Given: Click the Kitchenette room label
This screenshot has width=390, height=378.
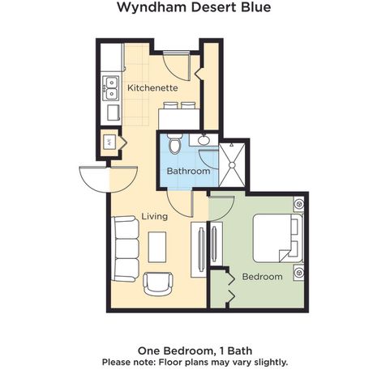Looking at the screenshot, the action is click(152, 87).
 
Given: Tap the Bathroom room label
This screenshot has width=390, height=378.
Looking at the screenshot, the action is click(188, 171).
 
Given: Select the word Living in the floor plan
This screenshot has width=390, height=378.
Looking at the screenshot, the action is click(155, 216).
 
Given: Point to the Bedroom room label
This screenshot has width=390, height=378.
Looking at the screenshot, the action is click(262, 277).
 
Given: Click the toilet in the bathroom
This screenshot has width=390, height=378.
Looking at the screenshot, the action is click(174, 144).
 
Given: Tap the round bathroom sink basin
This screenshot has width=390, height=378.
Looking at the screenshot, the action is click(203, 140).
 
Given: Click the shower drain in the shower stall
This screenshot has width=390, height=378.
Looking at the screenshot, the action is click(232, 165).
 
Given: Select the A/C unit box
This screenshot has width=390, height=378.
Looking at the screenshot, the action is click(110, 142).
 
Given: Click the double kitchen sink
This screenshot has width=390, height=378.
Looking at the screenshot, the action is click(110, 88).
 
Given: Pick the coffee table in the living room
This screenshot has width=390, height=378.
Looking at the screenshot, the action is click(157, 247).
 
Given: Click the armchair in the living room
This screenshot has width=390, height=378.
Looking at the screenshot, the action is click(158, 283).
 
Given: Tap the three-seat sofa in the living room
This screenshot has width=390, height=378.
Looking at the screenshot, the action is click(125, 249).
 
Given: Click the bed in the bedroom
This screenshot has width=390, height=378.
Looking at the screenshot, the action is click(278, 238).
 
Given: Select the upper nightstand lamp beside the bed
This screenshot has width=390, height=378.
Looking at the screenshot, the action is click(299, 204).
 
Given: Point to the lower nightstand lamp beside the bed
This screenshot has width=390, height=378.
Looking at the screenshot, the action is click(299, 273).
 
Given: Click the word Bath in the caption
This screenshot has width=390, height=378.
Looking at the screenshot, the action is click(240, 350).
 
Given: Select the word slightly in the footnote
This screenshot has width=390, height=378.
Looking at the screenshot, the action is click(271, 362).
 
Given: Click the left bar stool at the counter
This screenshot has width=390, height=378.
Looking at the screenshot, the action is click(169, 105).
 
